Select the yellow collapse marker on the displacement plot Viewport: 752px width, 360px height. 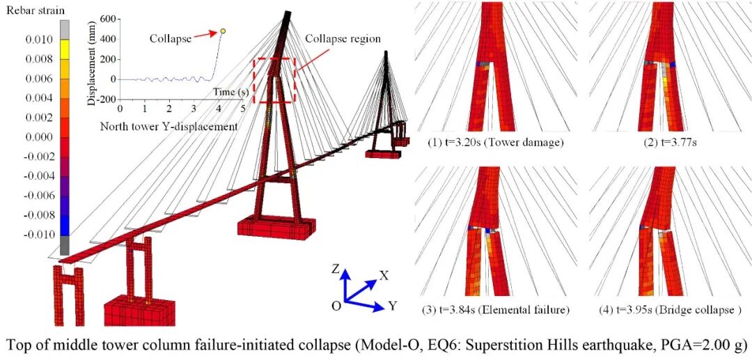tap(223, 31)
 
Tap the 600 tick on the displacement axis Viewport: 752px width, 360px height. tap(106, 19)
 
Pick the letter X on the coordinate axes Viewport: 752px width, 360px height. tap(384, 275)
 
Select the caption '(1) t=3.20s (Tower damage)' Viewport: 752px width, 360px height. tap(495, 142)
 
